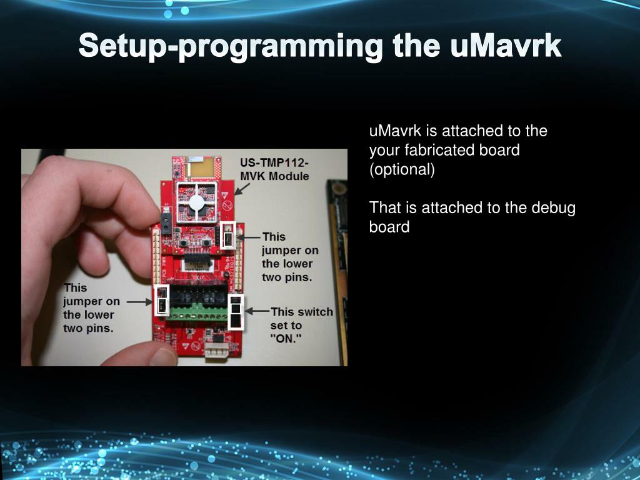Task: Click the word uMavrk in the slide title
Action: coord(506,46)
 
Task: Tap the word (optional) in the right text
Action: coord(402,169)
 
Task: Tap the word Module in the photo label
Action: coord(291,176)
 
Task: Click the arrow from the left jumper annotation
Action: coord(139,302)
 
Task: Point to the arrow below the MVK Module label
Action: coord(242,189)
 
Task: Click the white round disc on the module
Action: coord(196,202)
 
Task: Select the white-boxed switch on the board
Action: coord(236,312)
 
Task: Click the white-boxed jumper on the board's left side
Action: coord(162,301)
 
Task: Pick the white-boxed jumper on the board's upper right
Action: coord(228,236)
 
